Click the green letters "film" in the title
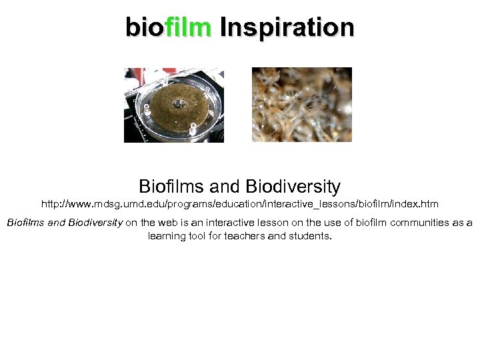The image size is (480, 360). [188, 27]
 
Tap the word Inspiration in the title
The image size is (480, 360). [287, 27]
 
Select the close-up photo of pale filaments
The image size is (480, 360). [301, 105]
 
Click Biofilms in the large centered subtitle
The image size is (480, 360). [172, 186]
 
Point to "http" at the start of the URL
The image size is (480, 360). [50, 203]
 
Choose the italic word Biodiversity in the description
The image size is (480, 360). [95, 223]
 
